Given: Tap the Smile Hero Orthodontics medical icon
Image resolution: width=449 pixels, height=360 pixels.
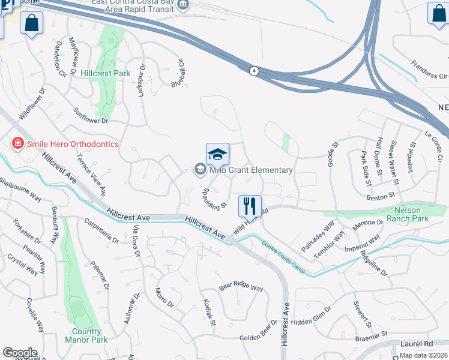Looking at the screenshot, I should (18, 144).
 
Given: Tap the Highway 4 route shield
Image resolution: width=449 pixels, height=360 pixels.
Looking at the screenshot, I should (255, 71).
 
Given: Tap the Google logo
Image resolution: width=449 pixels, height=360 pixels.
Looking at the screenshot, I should (20, 352).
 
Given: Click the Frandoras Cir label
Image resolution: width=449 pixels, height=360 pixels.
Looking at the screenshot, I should (429, 70).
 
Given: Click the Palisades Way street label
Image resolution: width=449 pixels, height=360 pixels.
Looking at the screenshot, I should (325, 232).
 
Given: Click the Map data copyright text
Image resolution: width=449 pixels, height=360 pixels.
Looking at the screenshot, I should (424, 355).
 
